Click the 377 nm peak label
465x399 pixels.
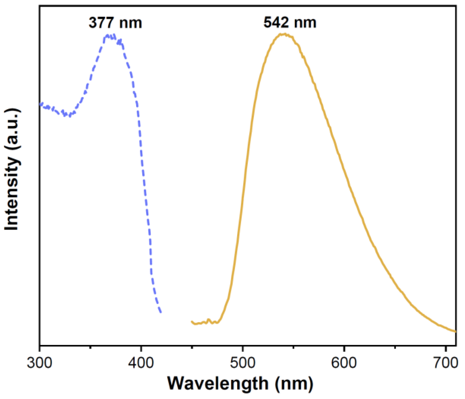115,23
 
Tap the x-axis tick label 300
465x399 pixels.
39,363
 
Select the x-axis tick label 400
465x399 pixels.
141,363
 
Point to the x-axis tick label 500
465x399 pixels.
243,363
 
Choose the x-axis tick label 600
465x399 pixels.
344,363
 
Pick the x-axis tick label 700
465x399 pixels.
446,363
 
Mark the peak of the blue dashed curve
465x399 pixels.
110,36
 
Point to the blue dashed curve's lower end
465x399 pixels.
161,312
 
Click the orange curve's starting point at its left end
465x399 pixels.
192,322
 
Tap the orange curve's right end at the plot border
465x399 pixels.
455,332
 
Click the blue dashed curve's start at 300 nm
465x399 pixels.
40,104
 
